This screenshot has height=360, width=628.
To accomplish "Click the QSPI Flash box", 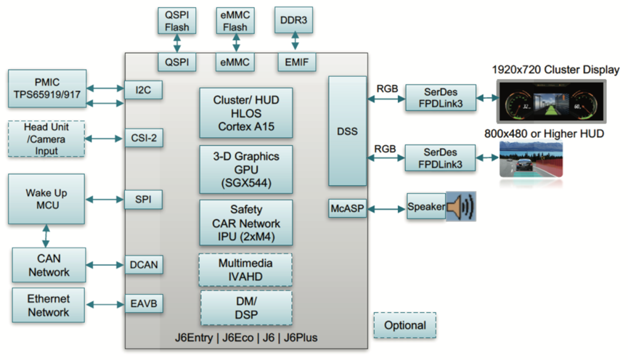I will pos(177,20).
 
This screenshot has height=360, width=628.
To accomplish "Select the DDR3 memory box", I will pos(293,20).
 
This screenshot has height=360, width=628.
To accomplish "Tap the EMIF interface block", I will pos(296,63).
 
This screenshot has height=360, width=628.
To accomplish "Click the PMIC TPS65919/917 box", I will pos(47,88).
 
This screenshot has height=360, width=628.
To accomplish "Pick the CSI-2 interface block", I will pos(143,137).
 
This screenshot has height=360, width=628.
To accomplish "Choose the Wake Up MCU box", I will pos(46,199).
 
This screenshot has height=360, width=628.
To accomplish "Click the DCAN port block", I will pos(143,266).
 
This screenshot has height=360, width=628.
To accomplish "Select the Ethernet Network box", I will pos(49,306).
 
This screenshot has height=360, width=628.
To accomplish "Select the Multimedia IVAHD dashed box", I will pos(245,269).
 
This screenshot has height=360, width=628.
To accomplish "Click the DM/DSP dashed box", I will pos(245,307).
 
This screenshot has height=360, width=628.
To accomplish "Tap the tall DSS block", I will pos(347,131).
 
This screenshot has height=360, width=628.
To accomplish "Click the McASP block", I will pos(348,208).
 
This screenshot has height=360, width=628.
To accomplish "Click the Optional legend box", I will pos(404,325).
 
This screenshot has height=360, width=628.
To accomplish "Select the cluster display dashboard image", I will pos(555,102).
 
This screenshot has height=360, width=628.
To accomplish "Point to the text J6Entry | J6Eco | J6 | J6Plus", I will pos(245,338).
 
